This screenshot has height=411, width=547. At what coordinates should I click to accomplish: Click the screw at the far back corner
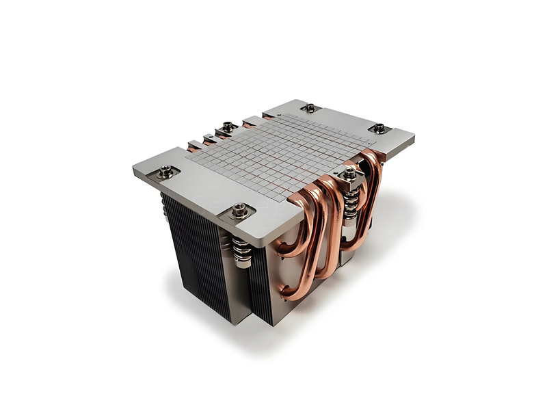coord(310,107)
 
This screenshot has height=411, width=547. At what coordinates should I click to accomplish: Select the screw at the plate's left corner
coord(165,173)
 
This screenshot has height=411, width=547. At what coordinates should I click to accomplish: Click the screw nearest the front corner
coord(239,210)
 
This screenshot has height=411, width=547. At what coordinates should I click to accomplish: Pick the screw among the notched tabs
coord(227,127)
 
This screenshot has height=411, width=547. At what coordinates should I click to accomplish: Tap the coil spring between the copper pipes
coord(350,201)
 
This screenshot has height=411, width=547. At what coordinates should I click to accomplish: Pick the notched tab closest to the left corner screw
coord(194,146)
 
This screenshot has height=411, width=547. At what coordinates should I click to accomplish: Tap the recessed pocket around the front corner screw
coord(239,213)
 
